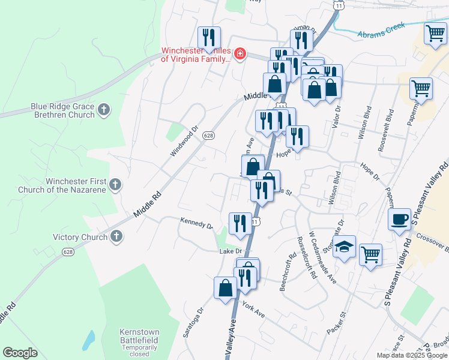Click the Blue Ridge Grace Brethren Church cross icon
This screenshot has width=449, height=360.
pyautogui.click(x=104, y=109)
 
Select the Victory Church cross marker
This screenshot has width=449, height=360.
pyautogui.click(x=116, y=236)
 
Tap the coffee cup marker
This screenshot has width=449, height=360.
pyautogui.click(x=399, y=219)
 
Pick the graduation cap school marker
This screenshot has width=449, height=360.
pyautogui.click(x=345, y=247)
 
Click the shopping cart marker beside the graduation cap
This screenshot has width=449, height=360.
pyautogui.click(x=371, y=254)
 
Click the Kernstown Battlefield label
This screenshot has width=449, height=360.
pyautogui.click(x=139, y=339)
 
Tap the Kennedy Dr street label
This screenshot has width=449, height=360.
pyautogui.click(x=196, y=223)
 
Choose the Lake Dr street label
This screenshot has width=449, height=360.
pyautogui.click(x=230, y=251)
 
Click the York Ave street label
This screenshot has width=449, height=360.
pyautogui.click(x=253, y=310)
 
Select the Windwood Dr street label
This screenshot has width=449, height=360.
pyautogui.click(x=184, y=141)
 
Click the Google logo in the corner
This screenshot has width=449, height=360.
pyautogui.click(x=20, y=353)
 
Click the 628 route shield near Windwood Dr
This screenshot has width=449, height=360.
pyautogui.click(x=208, y=136)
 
